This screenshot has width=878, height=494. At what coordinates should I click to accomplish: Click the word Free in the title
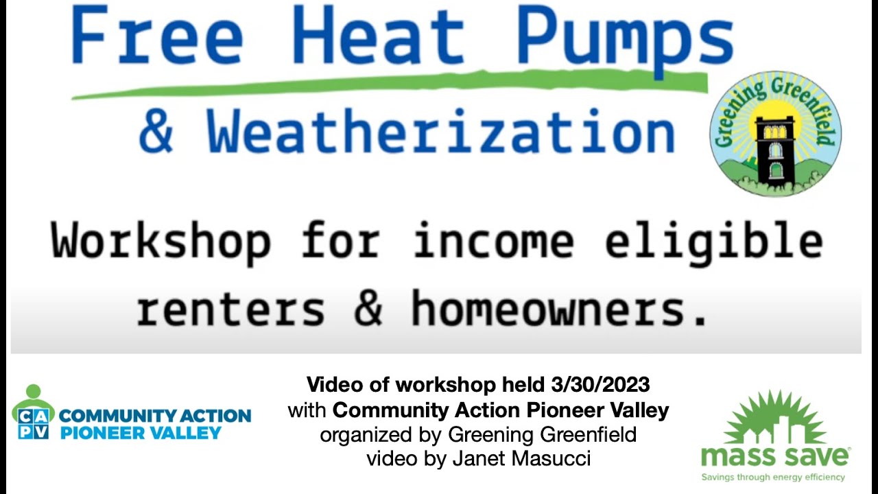click(156, 36)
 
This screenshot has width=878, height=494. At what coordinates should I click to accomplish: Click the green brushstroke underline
click(391, 86)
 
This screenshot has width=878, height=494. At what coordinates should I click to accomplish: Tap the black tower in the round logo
click(774, 148)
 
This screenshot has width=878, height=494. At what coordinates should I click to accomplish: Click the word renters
click(230, 308)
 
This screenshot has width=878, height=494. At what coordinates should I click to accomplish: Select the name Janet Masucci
click(521, 458)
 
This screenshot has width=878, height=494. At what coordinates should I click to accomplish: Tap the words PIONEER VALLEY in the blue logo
click(141, 433)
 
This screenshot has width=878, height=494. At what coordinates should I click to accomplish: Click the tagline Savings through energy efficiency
click(773, 477)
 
